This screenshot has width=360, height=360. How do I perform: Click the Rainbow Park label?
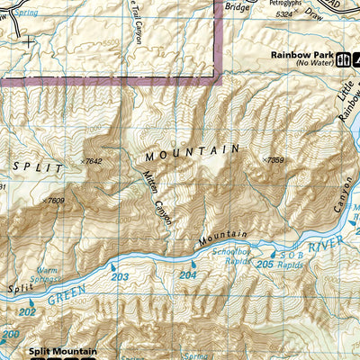[x=302, y=54]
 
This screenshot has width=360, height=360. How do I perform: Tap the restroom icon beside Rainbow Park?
[x=345, y=61]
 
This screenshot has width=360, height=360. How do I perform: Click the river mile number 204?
[x=187, y=274]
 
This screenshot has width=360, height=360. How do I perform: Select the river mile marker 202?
[x=27, y=311]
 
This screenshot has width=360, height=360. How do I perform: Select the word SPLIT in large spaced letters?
[x=38, y=168]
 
